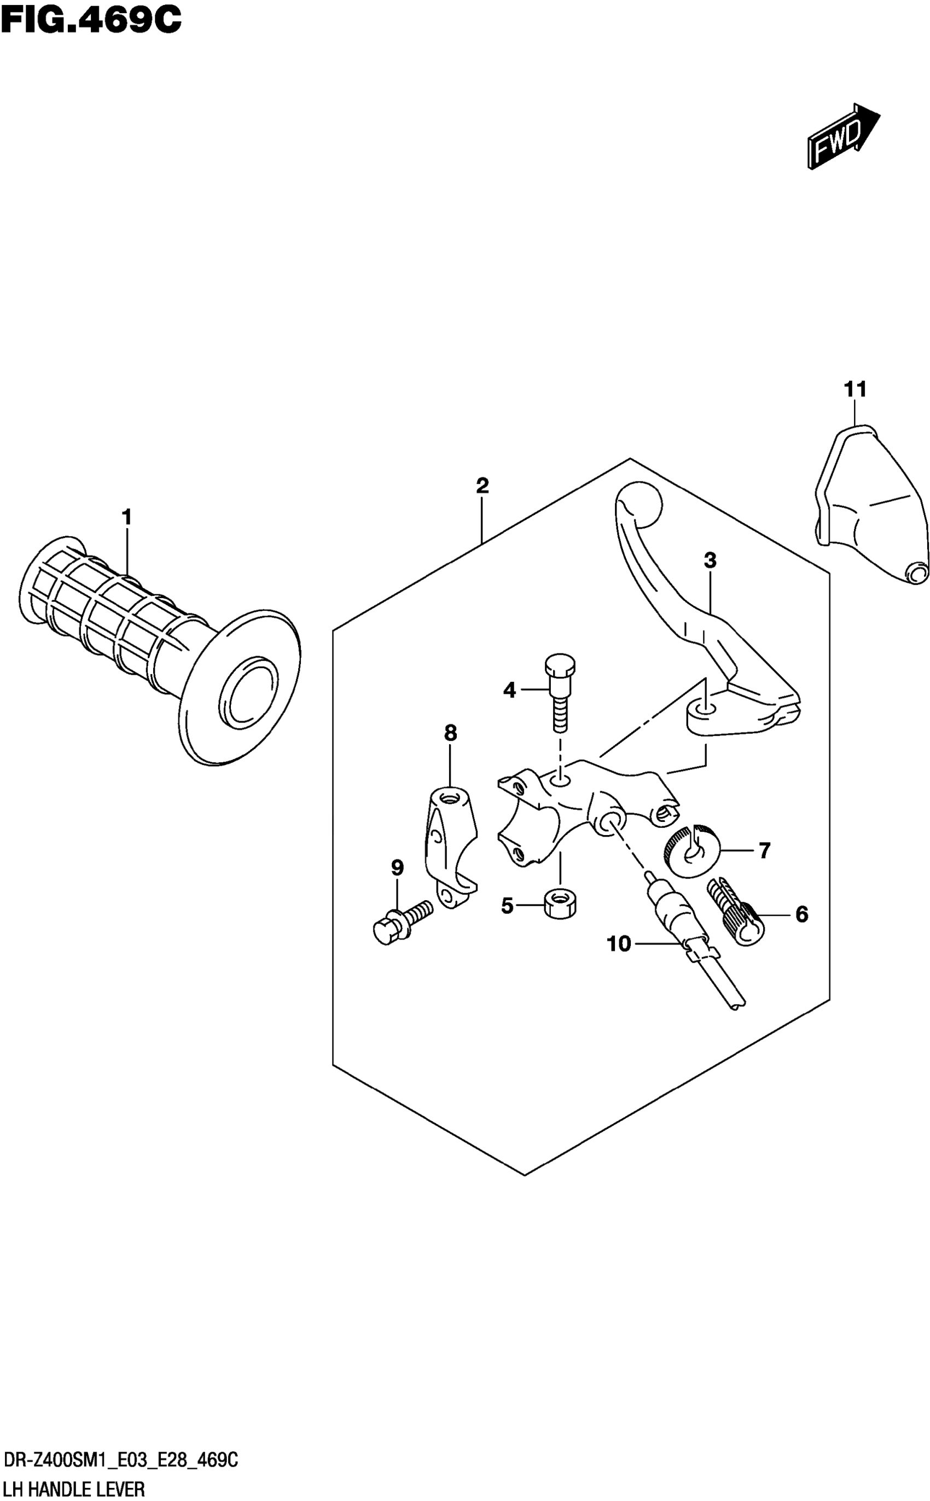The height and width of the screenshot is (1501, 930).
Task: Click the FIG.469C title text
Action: pos(91,20)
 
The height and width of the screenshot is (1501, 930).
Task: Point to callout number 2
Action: pos(482,486)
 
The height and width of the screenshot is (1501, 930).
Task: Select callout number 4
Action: pos(509,690)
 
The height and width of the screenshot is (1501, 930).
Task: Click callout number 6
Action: pos(801,915)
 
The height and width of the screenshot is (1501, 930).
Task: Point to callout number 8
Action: pos(450,733)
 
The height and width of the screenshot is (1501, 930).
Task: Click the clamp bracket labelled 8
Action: pos(450,843)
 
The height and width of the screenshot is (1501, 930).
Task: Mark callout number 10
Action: pos(619,943)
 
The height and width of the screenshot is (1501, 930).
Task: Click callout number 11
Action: pos(855,390)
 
